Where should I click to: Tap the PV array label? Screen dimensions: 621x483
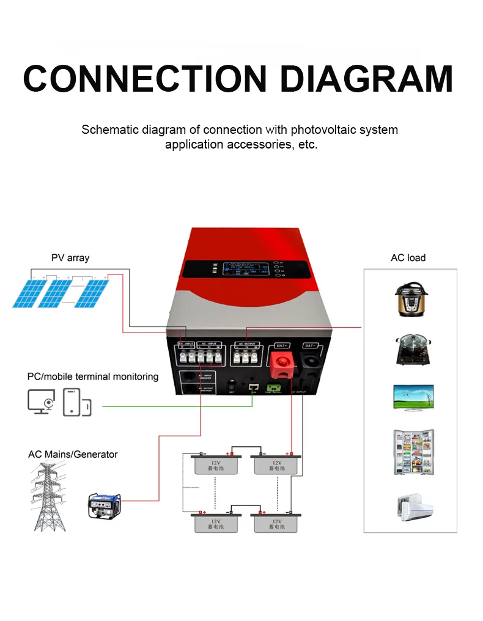70,257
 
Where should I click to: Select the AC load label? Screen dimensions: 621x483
408,257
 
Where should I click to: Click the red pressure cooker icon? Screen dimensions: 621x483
410,298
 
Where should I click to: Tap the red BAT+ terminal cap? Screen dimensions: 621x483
283,369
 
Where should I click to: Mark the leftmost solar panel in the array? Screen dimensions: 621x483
28,293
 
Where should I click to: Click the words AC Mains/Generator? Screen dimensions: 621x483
73,454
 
